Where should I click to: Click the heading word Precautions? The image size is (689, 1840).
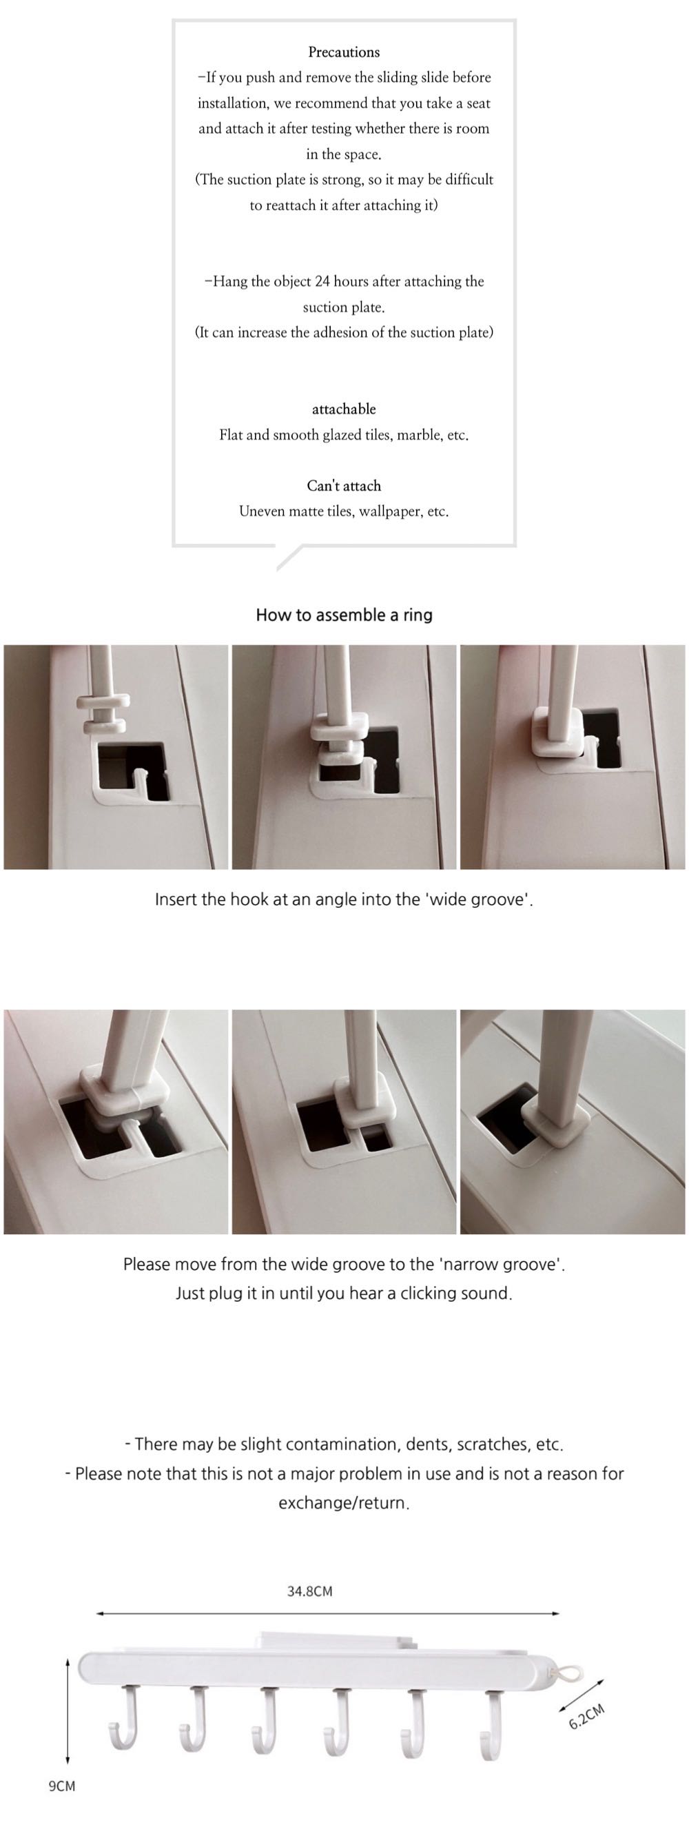(343, 52)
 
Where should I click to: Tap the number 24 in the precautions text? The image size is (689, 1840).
(322, 281)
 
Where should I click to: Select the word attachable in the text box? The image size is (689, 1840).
(343, 409)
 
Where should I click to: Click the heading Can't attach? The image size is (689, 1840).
(343, 486)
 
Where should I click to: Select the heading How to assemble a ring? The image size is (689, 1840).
(344, 615)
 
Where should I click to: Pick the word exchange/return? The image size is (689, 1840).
(343, 1503)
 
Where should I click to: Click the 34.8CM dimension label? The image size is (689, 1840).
(310, 1591)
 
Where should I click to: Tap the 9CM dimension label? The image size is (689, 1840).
(61, 1786)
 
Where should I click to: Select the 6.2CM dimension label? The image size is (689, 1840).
(586, 1717)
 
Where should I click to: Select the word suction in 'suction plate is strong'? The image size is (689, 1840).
(250, 180)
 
